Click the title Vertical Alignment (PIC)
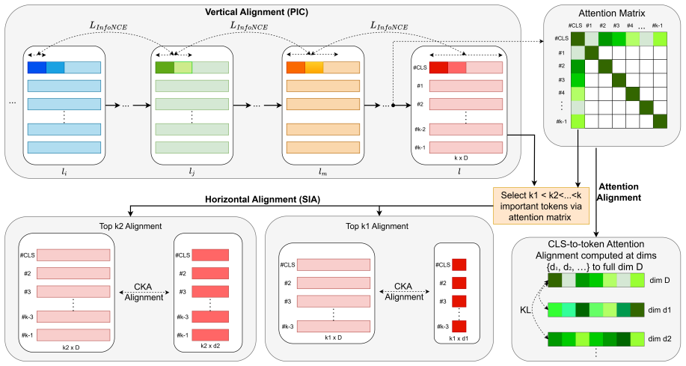click(x=257, y=12)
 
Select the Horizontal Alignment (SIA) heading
click(x=263, y=200)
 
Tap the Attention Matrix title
click(x=612, y=13)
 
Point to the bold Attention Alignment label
click(x=619, y=192)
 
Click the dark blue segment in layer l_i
click(x=37, y=67)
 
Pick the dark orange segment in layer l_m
click(x=295, y=67)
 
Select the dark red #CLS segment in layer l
click(x=439, y=67)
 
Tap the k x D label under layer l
click(x=461, y=158)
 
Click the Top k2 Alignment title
click(x=130, y=226)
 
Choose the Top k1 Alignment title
click(x=377, y=226)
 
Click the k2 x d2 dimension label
click(x=210, y=346)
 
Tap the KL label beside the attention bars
click(x=525, y=310)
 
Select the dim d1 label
click(x=659, y=310)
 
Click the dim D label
click(x=659, y=280)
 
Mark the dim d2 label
click(x=659, y=339)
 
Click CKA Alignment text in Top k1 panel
click(x=404, y=292)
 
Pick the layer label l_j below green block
click(x=192, y=172)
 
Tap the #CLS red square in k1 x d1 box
click(x=459, y=265)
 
